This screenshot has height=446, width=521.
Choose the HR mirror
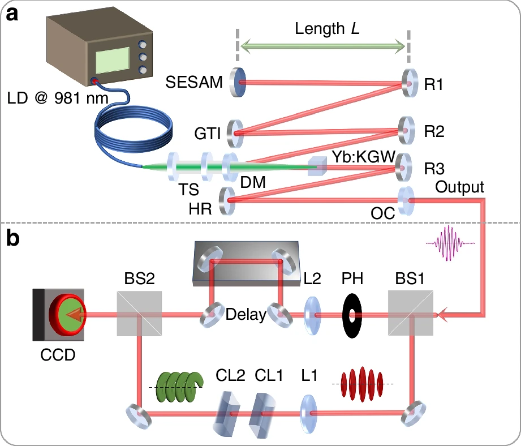click(x=227, y=201)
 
